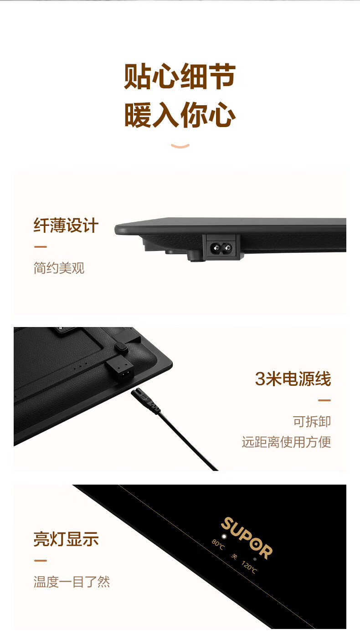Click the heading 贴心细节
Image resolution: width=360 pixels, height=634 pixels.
click(180, 76)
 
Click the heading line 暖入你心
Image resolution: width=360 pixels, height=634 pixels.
click(180, 115)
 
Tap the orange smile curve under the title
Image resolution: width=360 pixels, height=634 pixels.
click(180, 146)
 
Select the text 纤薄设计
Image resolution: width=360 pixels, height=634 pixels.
click(66, 225)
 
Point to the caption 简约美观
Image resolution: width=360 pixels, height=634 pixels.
click(59, 268)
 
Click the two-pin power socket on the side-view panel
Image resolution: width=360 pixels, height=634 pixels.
click(221, 248)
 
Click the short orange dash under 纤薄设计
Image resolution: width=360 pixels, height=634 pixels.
click(40, 247)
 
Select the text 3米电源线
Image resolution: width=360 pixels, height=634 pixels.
click(293, 378)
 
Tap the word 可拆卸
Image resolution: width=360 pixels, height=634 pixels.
click(312, 421)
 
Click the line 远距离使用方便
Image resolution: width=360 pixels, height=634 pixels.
click(286, 442)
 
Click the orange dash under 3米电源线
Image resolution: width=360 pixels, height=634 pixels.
click(324, 400)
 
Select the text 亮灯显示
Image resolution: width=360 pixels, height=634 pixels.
click(66, 539)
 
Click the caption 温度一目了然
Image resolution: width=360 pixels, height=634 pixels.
click(72, 582)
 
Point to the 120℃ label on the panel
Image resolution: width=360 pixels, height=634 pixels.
click(249, 567)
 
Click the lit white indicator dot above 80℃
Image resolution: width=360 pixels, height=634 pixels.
click(224, 536)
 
